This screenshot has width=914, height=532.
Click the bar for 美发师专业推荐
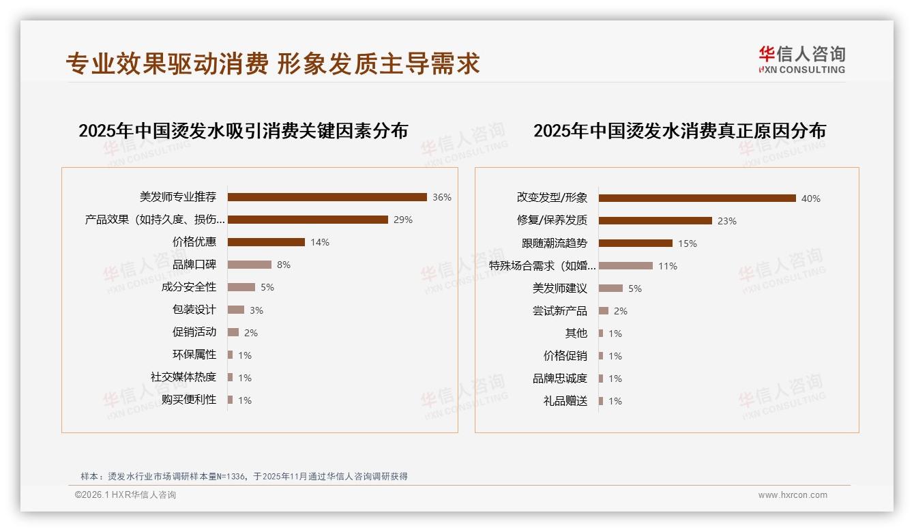pos(327,197)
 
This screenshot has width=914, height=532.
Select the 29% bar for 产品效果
pos(308,220)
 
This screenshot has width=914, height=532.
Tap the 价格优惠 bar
pos(266,242)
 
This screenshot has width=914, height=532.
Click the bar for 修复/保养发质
pos(655,221)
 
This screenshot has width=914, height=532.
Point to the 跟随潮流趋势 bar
pos(635,243)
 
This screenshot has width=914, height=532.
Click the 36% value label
pos(441,197)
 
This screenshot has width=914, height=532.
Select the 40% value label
pos(810,198)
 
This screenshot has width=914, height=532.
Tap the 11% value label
pos(667,266)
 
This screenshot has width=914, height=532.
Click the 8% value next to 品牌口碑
pos(283,265)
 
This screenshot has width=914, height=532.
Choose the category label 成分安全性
pos(189,287)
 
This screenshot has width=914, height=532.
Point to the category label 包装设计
pos(194,310)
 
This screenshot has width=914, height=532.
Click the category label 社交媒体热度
pos(183,377)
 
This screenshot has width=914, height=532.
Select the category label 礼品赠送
pos(565,401)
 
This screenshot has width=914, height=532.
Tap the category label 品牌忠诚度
pos(560,379)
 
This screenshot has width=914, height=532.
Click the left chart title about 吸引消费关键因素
pos(243,131)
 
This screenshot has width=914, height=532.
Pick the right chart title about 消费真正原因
pos(679,131)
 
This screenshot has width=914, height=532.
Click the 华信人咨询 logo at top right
pos(801,59)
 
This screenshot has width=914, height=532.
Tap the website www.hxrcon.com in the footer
pos(793,495)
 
